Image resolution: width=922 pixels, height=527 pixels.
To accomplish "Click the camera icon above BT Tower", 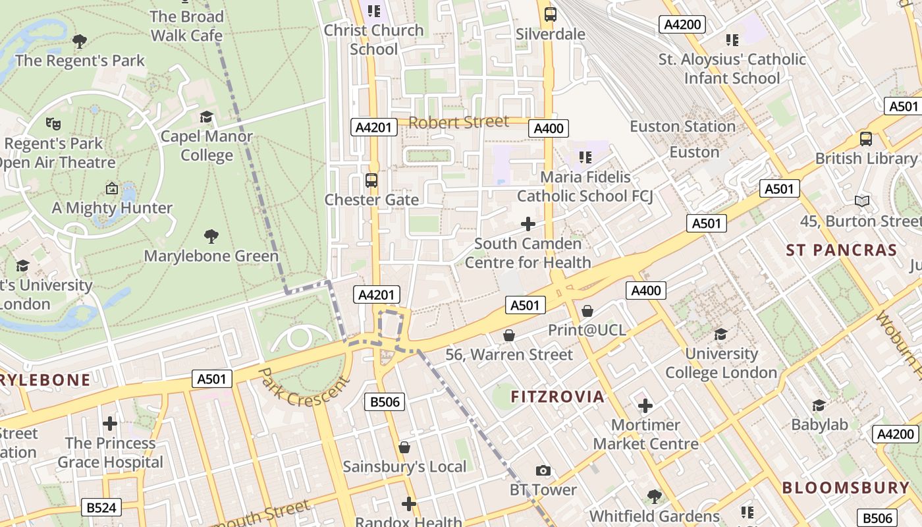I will [x=543, y=470].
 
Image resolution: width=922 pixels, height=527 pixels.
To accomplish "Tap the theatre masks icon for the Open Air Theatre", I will [x=53, y=123].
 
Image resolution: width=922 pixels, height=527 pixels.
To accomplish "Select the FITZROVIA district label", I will [x=557, y=397].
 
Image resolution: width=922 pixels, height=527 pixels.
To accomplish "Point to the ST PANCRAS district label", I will [x=841, y=250].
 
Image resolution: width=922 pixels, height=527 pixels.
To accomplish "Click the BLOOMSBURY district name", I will [x=846, y=488].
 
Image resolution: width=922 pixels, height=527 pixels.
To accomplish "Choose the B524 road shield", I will [x=101, y=507].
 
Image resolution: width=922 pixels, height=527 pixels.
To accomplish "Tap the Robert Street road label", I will [x=458, y=122].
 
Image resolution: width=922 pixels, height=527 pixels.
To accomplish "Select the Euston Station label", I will [x=682, y=126].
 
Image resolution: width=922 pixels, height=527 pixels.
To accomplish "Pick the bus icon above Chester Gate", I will [x=371, y=180].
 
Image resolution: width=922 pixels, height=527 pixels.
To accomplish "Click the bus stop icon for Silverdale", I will [x=551, y=14].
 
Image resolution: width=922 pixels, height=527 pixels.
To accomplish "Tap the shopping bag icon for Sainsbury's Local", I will [x=404, y=447].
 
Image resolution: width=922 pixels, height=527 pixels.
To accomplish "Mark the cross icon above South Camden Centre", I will [x=528, y=224].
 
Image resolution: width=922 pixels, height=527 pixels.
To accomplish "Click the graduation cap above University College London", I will [x=720, y=334].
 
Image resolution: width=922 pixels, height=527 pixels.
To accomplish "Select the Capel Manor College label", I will [x=207, y=146].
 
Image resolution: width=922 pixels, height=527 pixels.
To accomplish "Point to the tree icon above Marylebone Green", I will [x=211, y=236].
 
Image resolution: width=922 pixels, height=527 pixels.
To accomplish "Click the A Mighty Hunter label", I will [x=112, y=208].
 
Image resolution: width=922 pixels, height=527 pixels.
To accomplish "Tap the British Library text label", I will [x=865, y=159].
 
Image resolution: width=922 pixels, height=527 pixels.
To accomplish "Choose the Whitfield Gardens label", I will [x=655, y=516].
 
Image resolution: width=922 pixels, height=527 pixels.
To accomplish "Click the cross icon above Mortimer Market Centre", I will [x=645, y=405].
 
